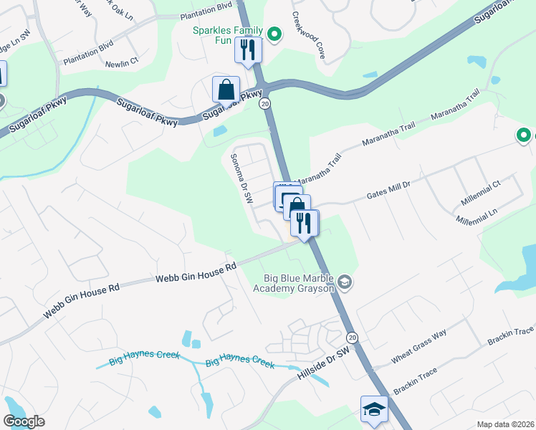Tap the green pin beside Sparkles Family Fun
click(x=273, y=34)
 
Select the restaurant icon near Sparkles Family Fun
click(x=248, y=50)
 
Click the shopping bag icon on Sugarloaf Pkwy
click(x=226, y=90)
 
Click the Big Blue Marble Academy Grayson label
click(x=294, y=284)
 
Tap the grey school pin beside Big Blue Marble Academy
click(x=345, y=281)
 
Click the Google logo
click(x=24, y=421)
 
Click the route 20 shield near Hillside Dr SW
click(x=352, y=337)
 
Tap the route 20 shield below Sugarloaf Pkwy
click(x=265, y=104)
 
